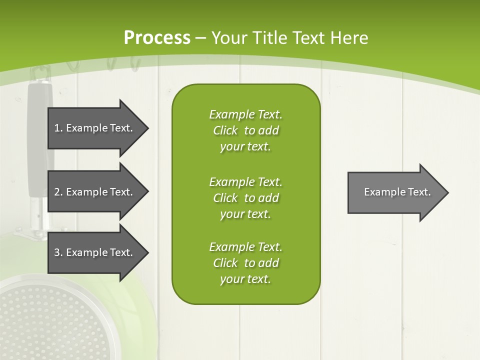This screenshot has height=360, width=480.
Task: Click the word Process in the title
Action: coord(157,38)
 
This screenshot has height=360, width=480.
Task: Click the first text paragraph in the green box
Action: coord(245,130)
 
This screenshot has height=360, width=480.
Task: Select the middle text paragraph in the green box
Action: coord(245,198)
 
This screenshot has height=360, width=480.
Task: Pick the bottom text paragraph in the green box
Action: coord(245,263)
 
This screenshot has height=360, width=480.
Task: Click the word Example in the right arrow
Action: coord(382,192)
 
